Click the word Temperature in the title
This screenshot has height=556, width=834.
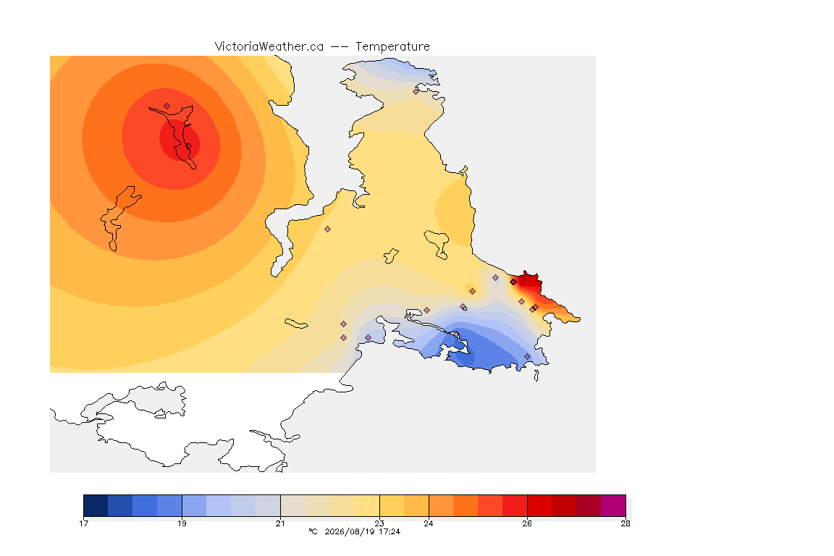392,47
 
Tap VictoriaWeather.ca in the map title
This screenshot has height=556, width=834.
269,47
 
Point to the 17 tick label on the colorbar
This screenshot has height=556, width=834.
83,523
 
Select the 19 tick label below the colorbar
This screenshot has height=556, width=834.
182,523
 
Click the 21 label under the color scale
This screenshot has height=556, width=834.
280,523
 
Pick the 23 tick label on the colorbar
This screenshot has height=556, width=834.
379,523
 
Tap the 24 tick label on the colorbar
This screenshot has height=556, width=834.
428,523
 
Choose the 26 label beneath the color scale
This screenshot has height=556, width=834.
526,523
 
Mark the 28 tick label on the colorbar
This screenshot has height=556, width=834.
625,523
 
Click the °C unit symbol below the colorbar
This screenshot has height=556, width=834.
313,531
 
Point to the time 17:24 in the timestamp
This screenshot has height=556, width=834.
389,531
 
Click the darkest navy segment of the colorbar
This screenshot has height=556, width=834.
96,505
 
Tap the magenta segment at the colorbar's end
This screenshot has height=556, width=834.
613,505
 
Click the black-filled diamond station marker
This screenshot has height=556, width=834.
513,282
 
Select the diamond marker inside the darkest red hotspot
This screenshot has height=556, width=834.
188,146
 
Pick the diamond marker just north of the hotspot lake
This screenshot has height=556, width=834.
167,106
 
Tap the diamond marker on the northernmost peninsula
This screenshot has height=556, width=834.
416,91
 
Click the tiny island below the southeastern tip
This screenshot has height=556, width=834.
536,376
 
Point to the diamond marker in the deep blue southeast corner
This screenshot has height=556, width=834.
527,356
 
